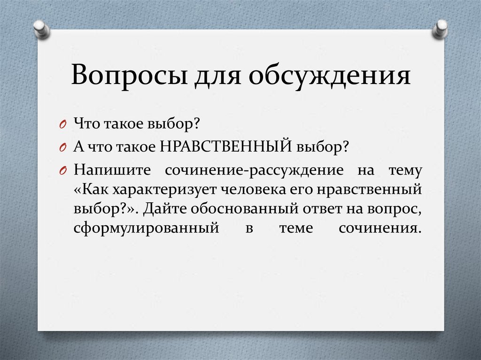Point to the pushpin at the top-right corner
pyautogui.click(x=441, y=29)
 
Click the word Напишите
pyautogui.click(x=108, y=169)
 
